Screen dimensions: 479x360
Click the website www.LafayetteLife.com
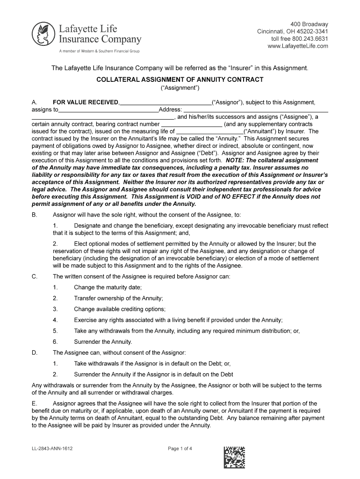point(297,46)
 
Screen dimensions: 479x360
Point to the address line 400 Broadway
point(309,24)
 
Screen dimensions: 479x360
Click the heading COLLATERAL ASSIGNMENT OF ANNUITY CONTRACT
point(180,80)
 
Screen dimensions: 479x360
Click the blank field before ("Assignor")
point(166,102)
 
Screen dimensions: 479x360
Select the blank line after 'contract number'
point(192,124)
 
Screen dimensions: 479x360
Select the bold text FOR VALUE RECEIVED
point(86,102)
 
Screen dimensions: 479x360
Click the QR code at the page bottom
point(234,457)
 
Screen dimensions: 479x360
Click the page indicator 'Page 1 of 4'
point(180,449)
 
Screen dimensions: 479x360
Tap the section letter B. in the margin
point(34,215)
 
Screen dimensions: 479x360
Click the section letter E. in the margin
point(34,403)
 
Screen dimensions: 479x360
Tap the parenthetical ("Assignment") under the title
point(180,88)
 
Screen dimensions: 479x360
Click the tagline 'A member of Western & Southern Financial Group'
point(99,51)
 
